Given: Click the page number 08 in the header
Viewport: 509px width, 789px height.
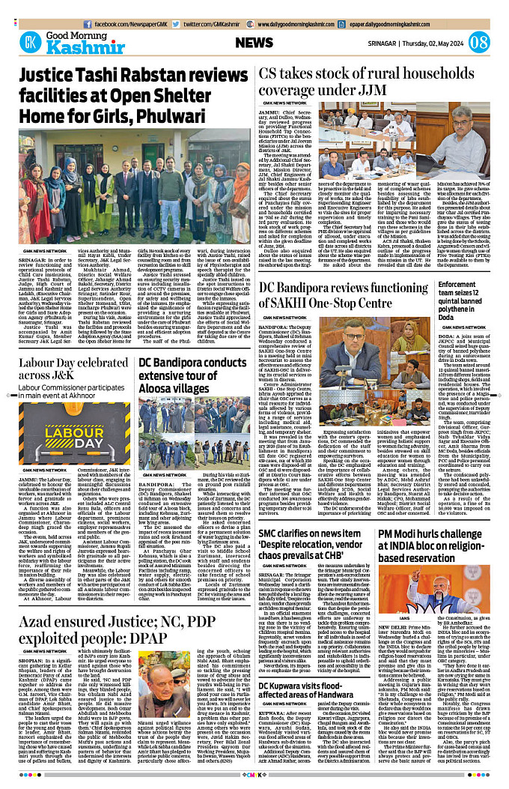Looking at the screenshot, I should [480, 42].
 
